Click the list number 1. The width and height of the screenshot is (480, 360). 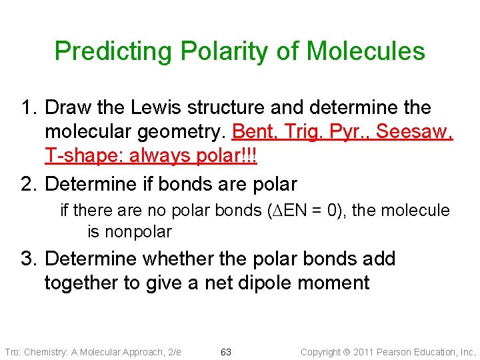click(x=28, y=108)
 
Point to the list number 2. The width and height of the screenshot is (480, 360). click(x=28, y=182)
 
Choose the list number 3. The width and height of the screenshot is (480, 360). click(x=28, y=259)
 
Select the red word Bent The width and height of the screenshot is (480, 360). click(x=253, y=132)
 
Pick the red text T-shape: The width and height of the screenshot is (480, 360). click(x=75, y=156)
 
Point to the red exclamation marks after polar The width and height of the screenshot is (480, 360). click(x=250, y=156)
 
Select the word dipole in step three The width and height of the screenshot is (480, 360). click(x=245, y=283)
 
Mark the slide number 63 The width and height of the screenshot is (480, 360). click(x=226, y=352)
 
